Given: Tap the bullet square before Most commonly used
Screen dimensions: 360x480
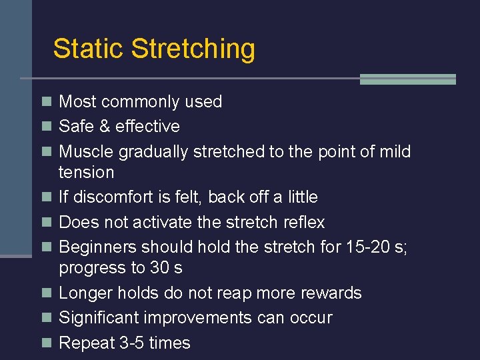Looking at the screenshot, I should coord(46,102).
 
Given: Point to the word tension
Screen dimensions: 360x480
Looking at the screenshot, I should coord(86,173).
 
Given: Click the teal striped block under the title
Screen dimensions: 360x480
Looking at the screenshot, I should coord(407,79).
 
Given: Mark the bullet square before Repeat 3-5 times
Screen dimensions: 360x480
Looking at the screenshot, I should coord(46,343).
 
